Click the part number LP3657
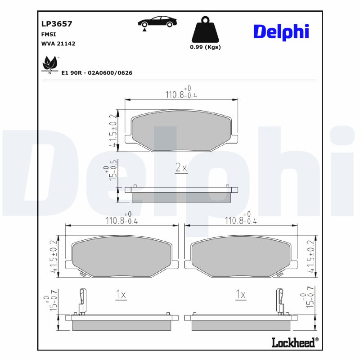[x=56, y=24]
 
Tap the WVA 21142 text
[x=58, y=44]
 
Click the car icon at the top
[x=157, y=22]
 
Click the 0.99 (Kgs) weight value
[x=205, y=47]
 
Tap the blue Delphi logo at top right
[x=281, y=31]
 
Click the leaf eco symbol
[x=49, y=64]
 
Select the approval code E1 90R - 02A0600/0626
[x=97, y=72]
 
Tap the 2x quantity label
[x=181, y=168]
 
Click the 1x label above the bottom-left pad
[x=120, y=295]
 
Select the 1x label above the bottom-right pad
[x=241, y=295]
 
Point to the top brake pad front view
[x=181, y=130]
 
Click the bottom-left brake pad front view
[x=122, y=257]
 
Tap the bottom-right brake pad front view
[x=241, y=257]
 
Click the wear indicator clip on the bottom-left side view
[x=82, y=300]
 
